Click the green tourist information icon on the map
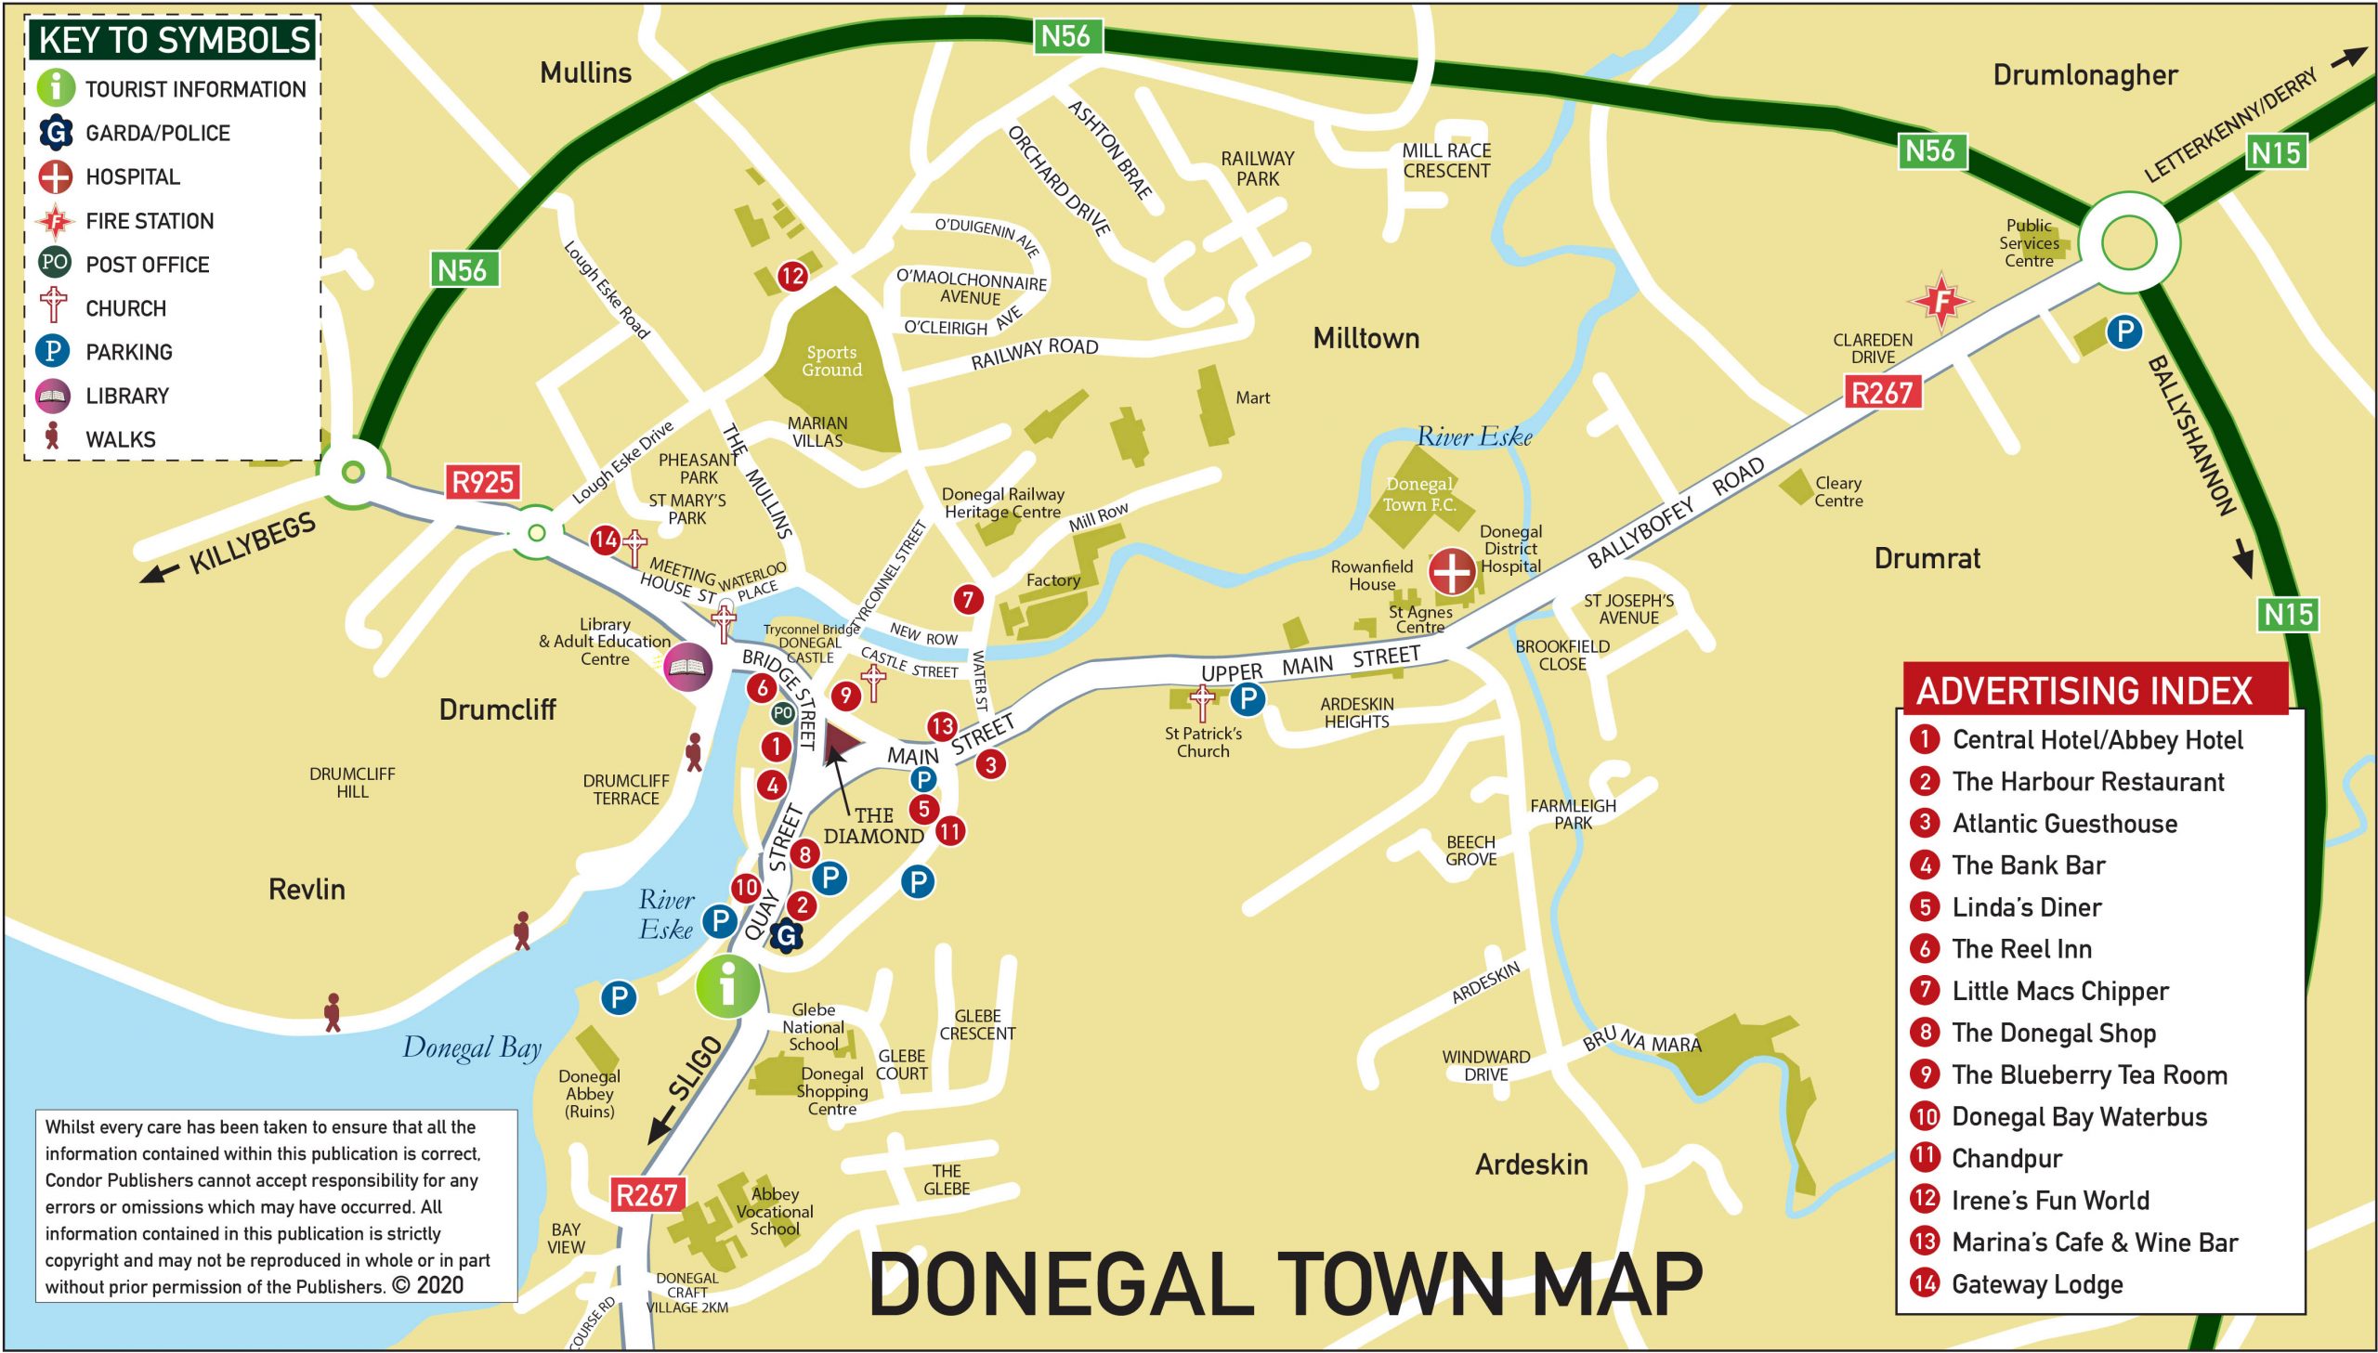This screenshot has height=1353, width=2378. pyautogui.click(x=726, y=987)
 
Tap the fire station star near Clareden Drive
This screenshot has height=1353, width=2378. pyautogui.click(x=1940, y=300)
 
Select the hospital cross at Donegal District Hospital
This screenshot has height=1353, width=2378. pyautogui.click(x=1451, y=570)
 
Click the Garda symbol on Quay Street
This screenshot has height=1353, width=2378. pyautogui.click(x=786, y=936)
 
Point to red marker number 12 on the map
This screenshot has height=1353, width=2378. pyautogui.click(x=791, y=275)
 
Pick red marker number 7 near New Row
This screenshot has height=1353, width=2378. pyautogui.click(x=967, y=599)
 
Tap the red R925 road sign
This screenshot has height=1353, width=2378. pyautogui.click(x=481, y=481)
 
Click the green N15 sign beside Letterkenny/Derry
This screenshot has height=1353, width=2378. pyautogui.click(x=2275, y=152)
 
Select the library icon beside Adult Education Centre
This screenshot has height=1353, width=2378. pyautogui.click(x=687, y=666)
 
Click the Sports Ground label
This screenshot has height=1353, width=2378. pyautogui.click(x=831, y=360)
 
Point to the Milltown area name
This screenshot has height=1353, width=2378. pyautogui.click(x=1365, y=338)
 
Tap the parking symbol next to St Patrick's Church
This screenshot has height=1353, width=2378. pyautogui.click(x=1248, y=698)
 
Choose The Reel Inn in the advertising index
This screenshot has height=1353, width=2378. pyautogui.click(x=2021, y=949)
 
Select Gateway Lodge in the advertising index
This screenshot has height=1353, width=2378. pyautogui.click(x=2036, y=1284)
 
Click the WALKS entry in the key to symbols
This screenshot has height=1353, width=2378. pyautogui.click(x=120, y=438)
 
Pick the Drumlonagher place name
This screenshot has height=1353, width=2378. pyautogui.click(x=2084, y=75)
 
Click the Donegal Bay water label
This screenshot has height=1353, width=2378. pyautogui.click(x=471, y=1048)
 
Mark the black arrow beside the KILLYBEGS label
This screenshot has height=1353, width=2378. pyautogui.click(x=159, y=573)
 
